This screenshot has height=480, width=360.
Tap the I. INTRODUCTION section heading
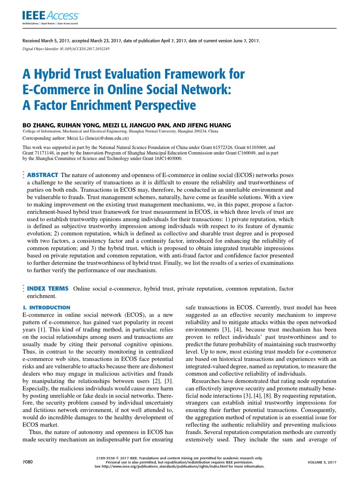click(46, 307)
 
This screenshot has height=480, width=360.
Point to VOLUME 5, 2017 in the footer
click(322, 462)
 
